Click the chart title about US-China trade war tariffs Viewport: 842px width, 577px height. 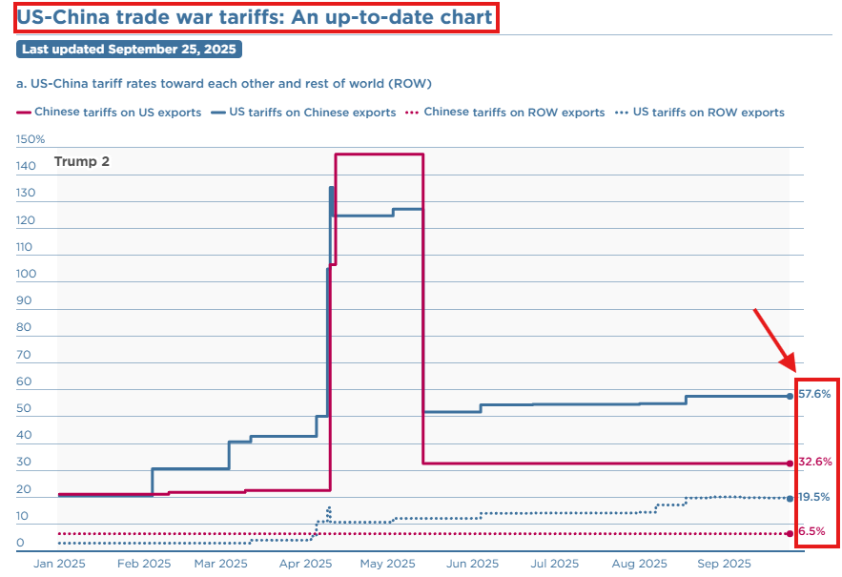[x=255, y=17]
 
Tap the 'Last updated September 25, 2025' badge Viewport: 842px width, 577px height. [x=129, y=49]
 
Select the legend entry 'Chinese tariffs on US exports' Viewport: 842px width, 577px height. [x=110, y=113]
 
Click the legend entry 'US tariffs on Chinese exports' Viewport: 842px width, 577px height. [x=304, y=113]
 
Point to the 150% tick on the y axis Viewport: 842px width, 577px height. [x=31, y=139]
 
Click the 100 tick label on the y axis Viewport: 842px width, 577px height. [x=27, y=275]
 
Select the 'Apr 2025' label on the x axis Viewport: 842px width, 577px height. [x=305, y=564]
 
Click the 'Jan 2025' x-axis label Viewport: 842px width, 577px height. [x=59, y=564]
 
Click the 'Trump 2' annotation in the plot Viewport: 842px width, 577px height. [x=82, y=161]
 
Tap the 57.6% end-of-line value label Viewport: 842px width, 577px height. [x=814, y=394]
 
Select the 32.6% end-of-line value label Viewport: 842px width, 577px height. [x=814, y=463]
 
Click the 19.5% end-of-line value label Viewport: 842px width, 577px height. [x=813, y=497]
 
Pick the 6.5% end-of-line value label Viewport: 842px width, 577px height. [x=811, y=531]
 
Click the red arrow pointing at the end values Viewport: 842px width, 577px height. [x=774, y=338]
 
